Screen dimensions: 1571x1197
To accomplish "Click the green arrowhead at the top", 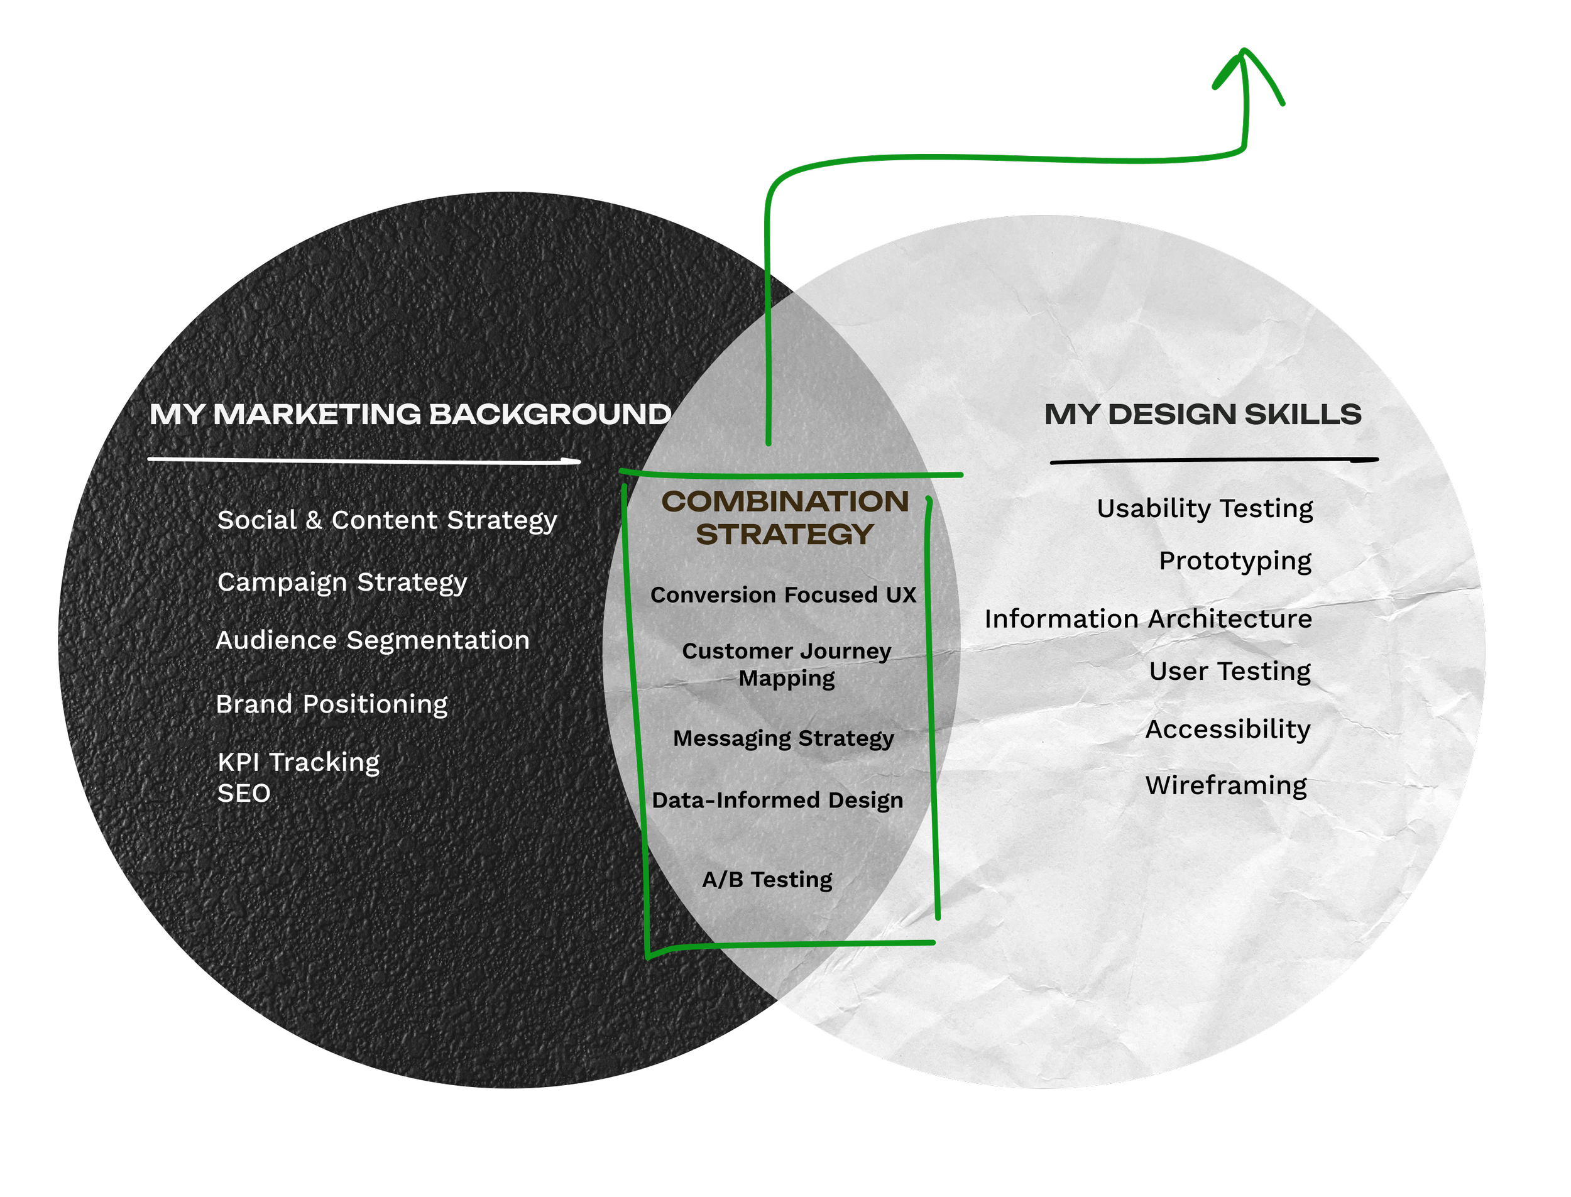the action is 1245,71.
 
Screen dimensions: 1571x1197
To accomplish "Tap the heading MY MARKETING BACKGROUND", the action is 410,414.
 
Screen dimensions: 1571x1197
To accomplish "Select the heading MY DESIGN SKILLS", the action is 1203,414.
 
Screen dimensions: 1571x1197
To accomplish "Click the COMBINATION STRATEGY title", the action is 785,517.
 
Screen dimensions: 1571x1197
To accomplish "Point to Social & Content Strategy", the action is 387,520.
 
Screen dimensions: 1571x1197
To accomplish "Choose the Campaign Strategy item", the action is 342,582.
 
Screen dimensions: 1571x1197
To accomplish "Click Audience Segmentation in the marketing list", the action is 373,640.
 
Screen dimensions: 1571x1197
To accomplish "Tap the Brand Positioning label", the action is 331,704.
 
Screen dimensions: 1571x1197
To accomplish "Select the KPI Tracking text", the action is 298,762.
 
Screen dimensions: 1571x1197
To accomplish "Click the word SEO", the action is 244,793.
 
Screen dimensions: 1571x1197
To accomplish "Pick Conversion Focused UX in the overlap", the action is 783,594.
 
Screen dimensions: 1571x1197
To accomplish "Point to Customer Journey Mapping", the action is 787,664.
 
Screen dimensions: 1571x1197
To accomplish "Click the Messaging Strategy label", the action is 783,738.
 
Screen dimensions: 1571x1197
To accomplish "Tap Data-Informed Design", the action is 777,800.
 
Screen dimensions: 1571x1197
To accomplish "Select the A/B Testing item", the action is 767,879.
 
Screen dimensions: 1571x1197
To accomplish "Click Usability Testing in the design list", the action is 1205,508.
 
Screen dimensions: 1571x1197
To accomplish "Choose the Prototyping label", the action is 1235,560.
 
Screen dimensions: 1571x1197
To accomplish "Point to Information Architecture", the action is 1148,618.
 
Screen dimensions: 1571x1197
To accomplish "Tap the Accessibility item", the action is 1228,729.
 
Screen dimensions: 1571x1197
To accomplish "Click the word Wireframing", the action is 1226,785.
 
